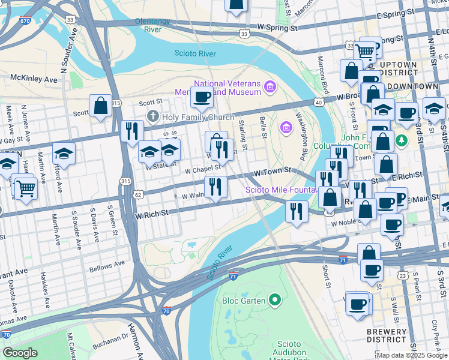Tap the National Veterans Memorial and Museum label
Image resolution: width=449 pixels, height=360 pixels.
tap(227, 88)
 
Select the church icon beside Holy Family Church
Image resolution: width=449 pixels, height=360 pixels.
tap(152, 116)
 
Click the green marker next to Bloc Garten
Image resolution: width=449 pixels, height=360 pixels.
tap(275, 299)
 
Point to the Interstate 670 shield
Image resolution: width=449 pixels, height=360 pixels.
tap(24, 20)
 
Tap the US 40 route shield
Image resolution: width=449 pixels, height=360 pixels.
tap(318, 103)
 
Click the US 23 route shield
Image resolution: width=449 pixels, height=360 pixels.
tap(403, 275)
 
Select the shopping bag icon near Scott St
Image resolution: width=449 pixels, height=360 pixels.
tap(101, 107)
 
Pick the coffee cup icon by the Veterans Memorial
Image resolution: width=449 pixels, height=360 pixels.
tap(202, 97)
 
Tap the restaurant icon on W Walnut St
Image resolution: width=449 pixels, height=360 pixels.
tap(215, 187)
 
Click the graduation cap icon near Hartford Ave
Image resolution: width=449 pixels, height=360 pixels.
tap(64, 154)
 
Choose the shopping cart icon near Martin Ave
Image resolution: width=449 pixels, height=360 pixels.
tap(25, 188)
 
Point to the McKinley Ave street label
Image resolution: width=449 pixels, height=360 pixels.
tap(34, 79)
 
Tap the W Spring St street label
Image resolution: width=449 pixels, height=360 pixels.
tap(277, 28)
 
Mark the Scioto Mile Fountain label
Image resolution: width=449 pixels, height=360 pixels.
tap(280, 190)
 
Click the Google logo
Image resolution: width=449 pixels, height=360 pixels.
tap(20, 353)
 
